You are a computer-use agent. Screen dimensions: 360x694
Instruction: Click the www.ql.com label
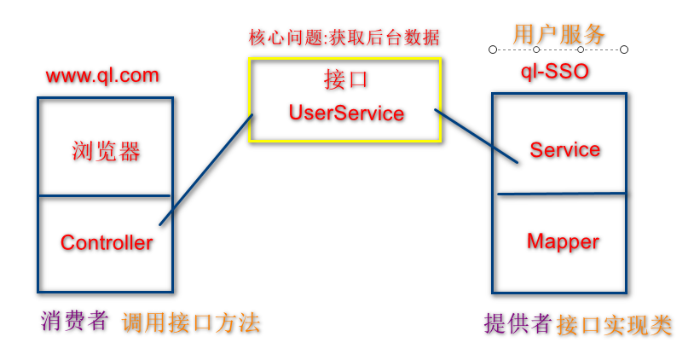click(x=102, y=75)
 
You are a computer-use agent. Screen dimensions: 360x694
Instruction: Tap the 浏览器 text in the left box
click(x=106, y=152)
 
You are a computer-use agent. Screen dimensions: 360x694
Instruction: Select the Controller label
click(x=107, y=242)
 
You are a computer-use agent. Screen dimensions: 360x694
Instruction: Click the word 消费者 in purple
click(x=75, y=321)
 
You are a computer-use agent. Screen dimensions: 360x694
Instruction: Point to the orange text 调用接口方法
click(x=190, y=322)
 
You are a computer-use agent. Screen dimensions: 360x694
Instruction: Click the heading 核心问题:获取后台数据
click(x=344, y=38)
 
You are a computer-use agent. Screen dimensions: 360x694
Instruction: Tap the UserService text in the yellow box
click(x=345, y=113)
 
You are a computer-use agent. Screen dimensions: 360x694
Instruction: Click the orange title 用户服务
click(x=558, y=34)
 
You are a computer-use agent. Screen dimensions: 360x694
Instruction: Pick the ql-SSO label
click(x=555, y=71)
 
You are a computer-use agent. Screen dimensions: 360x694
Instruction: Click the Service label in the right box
click(x=564, y=150)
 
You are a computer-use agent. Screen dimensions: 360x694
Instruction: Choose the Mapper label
click(x=563, y=241)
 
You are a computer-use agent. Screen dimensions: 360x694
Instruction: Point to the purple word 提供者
click(x=517, y=323)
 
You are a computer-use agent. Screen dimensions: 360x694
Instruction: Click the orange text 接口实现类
click(x=614, y=324)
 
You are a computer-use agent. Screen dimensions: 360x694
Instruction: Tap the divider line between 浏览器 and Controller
click(x=105, y=196)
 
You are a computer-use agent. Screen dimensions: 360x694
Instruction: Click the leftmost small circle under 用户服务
click(x=493, y=49)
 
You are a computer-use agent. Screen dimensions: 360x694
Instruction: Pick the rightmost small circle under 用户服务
click(x=624, y=49)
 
